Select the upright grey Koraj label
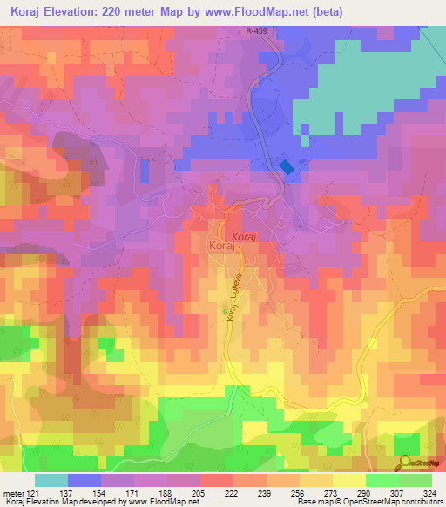(221, 247)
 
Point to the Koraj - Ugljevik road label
(233, 299)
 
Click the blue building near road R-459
(286, 167)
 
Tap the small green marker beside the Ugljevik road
(225, 311)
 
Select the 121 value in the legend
(33, 493)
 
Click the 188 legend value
(164, 493)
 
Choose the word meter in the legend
(12, 493)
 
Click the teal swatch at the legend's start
(51, 480)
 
